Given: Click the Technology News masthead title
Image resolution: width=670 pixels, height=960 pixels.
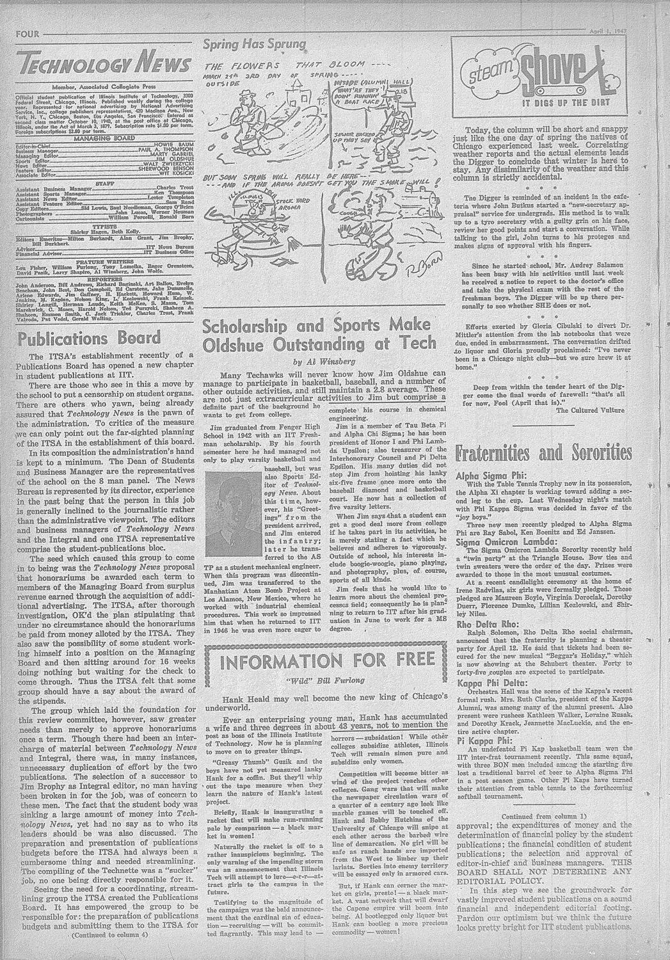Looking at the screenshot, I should tap(103, 65).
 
